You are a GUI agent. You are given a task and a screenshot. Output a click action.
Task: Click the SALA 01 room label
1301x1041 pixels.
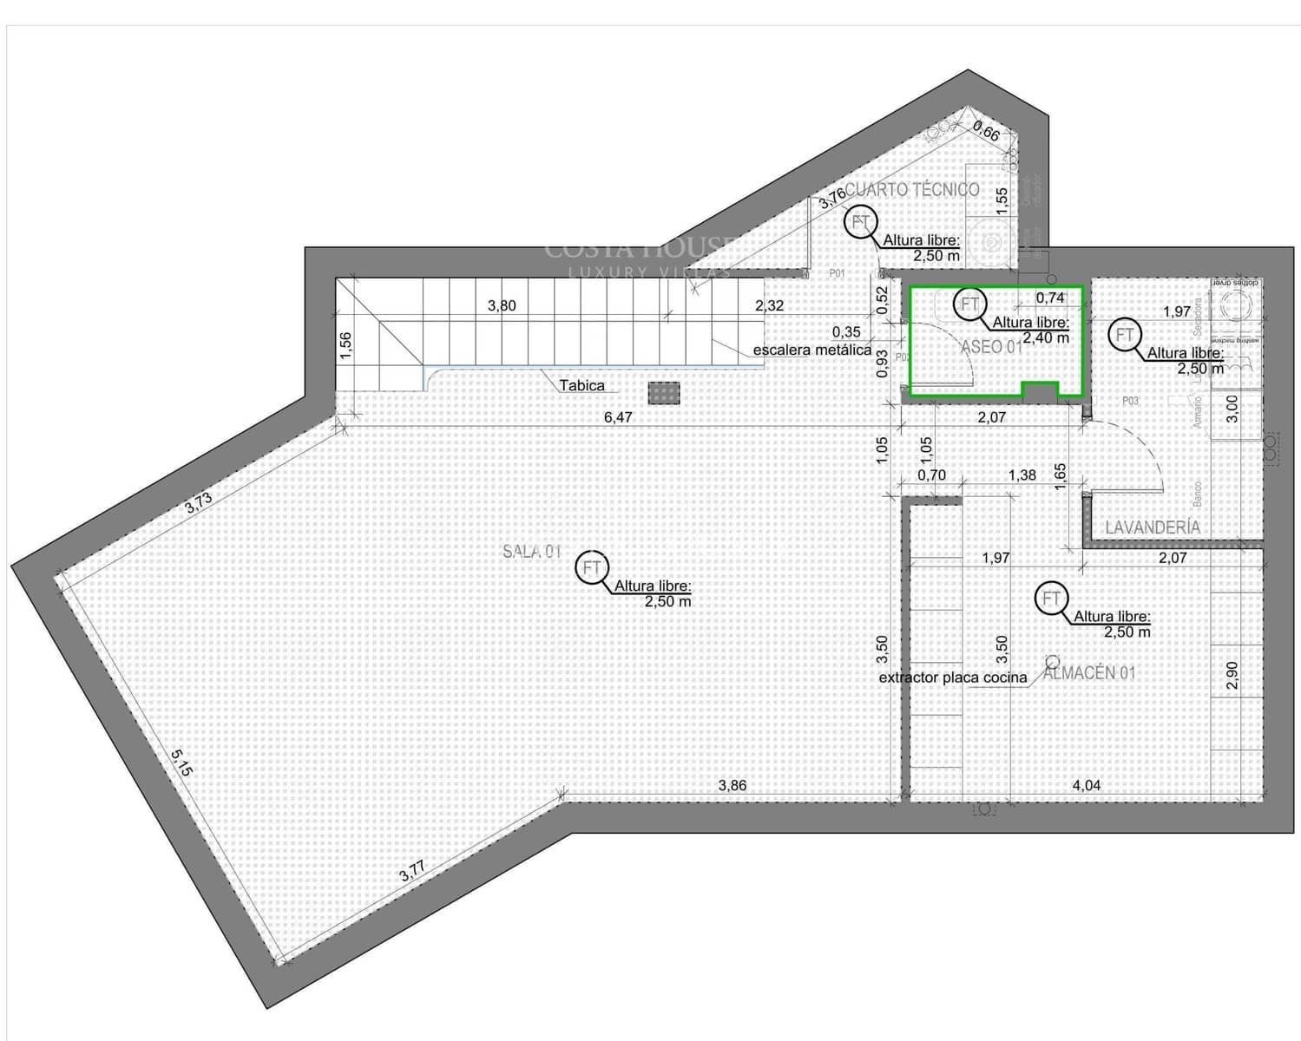[x=532, y=551]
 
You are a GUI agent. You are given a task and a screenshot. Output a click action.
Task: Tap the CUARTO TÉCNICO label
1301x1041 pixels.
[x=912, y=189]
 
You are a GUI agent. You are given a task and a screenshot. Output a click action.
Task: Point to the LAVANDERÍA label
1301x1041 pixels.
[x=1153, y=527]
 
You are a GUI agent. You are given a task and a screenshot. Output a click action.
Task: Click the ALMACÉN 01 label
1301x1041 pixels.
[x=1089, y=672]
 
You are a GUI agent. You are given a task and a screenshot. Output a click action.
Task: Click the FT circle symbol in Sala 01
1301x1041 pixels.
[x=593, y=568]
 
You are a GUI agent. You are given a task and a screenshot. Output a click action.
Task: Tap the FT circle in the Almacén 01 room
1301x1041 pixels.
[x=1052, y=599]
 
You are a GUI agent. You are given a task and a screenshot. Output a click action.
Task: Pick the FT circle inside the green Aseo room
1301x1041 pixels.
[x=969, y=304]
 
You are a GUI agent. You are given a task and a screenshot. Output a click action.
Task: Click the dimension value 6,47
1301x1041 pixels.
[x=618, y=417]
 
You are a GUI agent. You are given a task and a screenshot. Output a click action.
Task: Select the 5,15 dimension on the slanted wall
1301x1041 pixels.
[x=181, y=763]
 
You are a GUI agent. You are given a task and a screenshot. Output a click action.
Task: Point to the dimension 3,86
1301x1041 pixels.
[x=733, y=786]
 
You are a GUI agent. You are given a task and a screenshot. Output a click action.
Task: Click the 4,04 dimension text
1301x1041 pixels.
[x=1087, y=786]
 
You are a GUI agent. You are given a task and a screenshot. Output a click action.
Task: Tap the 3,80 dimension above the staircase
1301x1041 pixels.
[x=502, y=305]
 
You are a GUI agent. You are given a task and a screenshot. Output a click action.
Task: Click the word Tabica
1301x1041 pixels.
[x=582, y=385]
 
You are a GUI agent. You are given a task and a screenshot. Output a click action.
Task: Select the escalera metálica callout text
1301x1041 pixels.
[x=811, y=350]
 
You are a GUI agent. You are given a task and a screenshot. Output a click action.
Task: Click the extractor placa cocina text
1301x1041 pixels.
[x=953, y=678]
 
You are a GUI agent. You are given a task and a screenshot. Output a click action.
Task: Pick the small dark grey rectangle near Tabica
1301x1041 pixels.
[x=663, y=394]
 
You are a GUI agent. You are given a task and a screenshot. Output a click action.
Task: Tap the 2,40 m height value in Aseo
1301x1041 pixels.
[x=1046, y=337]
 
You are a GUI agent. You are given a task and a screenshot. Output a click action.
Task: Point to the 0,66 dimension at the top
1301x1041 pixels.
[x=986, y=132]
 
